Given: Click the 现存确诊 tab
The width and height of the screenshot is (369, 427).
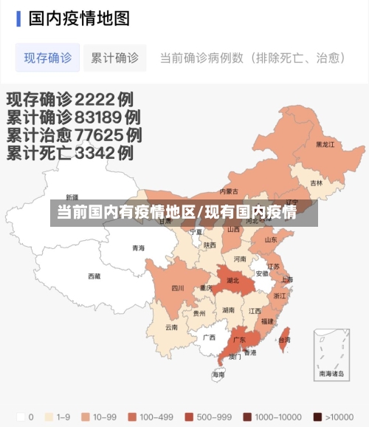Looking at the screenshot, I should pyautogui.click(x=48, y=58).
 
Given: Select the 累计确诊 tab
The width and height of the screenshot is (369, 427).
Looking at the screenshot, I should pyautogui.click(x=114, y=58).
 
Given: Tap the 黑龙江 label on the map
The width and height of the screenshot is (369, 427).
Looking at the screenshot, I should pyautogui.click(x=325, y=145).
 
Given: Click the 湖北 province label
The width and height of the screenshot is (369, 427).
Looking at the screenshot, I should pyautogui.click(x=233, y=281).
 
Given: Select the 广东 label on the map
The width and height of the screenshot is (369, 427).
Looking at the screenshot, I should pyautogui.click(x=239, y=341).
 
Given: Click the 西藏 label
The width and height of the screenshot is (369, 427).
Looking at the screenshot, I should pyautogui.click(x=94, y=276).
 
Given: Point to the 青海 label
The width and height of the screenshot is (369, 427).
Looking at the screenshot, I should pyautogui.click(x=139, y=248).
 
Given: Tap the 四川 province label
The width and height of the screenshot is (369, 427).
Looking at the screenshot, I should pyautogui.click(x=178, y=288).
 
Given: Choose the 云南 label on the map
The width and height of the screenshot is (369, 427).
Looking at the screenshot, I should pyautogui.click(x=171, y=327).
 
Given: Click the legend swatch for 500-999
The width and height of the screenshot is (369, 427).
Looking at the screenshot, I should pyautogui.click(x=190, y=417).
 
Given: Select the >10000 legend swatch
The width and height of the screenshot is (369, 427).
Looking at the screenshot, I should pyautogui.click(x=317, y=417).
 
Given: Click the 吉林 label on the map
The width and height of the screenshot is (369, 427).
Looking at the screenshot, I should pyautogui.click(x=316, y=183).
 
